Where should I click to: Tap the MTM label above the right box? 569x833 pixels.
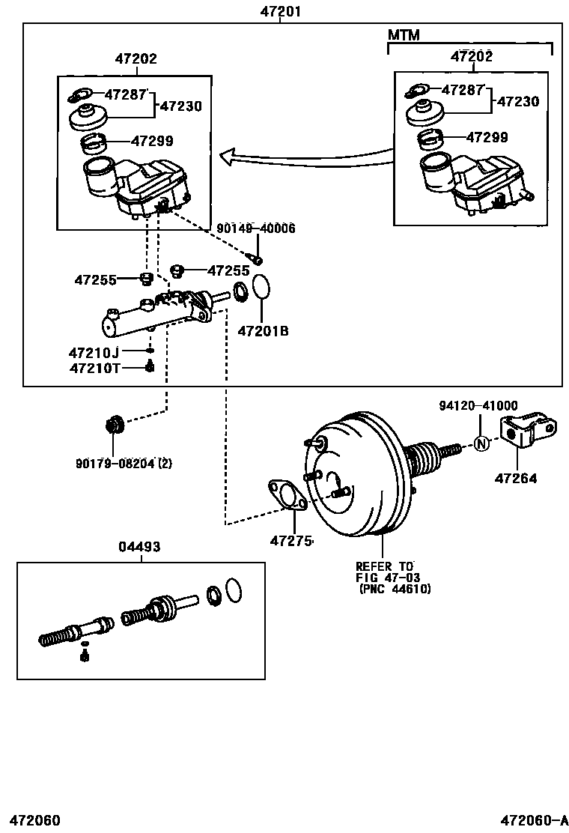point(404,35)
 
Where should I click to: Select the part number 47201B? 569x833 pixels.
point(263,330)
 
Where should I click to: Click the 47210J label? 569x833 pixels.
point(94,351)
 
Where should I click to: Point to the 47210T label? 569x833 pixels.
point(94,367)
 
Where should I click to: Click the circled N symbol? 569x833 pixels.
point(481,443)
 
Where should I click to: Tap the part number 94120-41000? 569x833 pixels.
point(478,406)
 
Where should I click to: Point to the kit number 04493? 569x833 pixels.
point(139,548)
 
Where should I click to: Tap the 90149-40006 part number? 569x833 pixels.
point(256,228)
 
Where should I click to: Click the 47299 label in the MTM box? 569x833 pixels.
point(487,138)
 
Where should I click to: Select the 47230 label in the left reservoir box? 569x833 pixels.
point(180,106)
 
